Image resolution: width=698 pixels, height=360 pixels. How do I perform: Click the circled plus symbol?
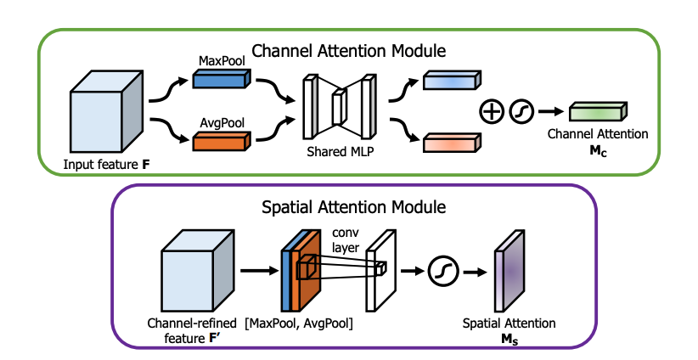[x=492, y=111]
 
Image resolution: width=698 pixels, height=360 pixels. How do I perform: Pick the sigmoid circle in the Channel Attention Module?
[x=520, y=111]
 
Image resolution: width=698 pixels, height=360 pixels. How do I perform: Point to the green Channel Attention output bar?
[x=596, y=111]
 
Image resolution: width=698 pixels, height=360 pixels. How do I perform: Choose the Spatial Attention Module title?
[x=348, y=205]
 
